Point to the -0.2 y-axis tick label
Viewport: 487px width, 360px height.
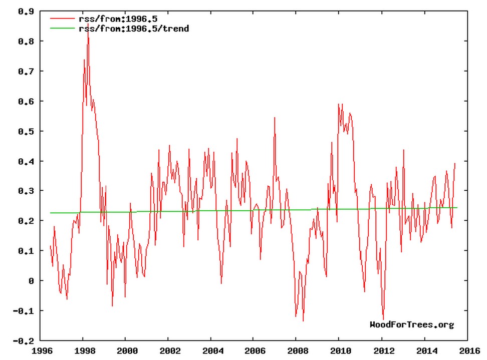click(25, 341)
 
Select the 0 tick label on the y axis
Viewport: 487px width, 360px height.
click(31, 281)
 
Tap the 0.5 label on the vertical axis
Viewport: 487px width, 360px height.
click(26, 131)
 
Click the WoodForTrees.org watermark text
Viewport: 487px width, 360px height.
click(412, 325)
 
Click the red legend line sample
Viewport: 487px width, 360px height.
click(62, 19)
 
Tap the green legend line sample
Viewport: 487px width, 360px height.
click(62, 29)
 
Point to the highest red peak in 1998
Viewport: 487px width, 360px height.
click(88, 23)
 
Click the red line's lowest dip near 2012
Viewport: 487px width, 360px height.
click(383, 319)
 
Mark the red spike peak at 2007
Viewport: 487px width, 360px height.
click(275, 118)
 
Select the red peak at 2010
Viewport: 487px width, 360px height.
click(339, 104)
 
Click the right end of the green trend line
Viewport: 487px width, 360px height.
click(457, 207)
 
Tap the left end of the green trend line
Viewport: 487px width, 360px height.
click(50, 213)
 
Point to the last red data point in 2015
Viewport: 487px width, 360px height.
click(455, 163)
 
